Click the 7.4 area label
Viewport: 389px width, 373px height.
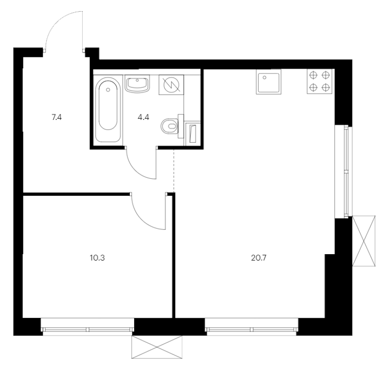click(56, 117)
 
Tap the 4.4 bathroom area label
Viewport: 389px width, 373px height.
click(143, 117)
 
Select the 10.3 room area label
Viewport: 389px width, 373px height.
click(97, 258)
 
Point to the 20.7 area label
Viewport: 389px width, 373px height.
click(259, 258)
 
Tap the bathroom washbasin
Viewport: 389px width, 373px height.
click(137, 84)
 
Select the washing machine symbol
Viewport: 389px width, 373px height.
click(171, 85)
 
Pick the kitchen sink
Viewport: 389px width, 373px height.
click(269, 82)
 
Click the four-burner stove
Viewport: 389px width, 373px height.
click(319, 81)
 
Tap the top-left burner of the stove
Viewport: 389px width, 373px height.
click(314, 75)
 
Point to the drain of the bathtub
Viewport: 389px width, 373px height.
click(107, 90)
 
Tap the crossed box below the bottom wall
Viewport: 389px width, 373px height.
click(157, 347)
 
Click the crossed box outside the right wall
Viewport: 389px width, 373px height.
click(364, 241)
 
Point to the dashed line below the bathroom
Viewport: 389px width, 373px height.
click(174, 170)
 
